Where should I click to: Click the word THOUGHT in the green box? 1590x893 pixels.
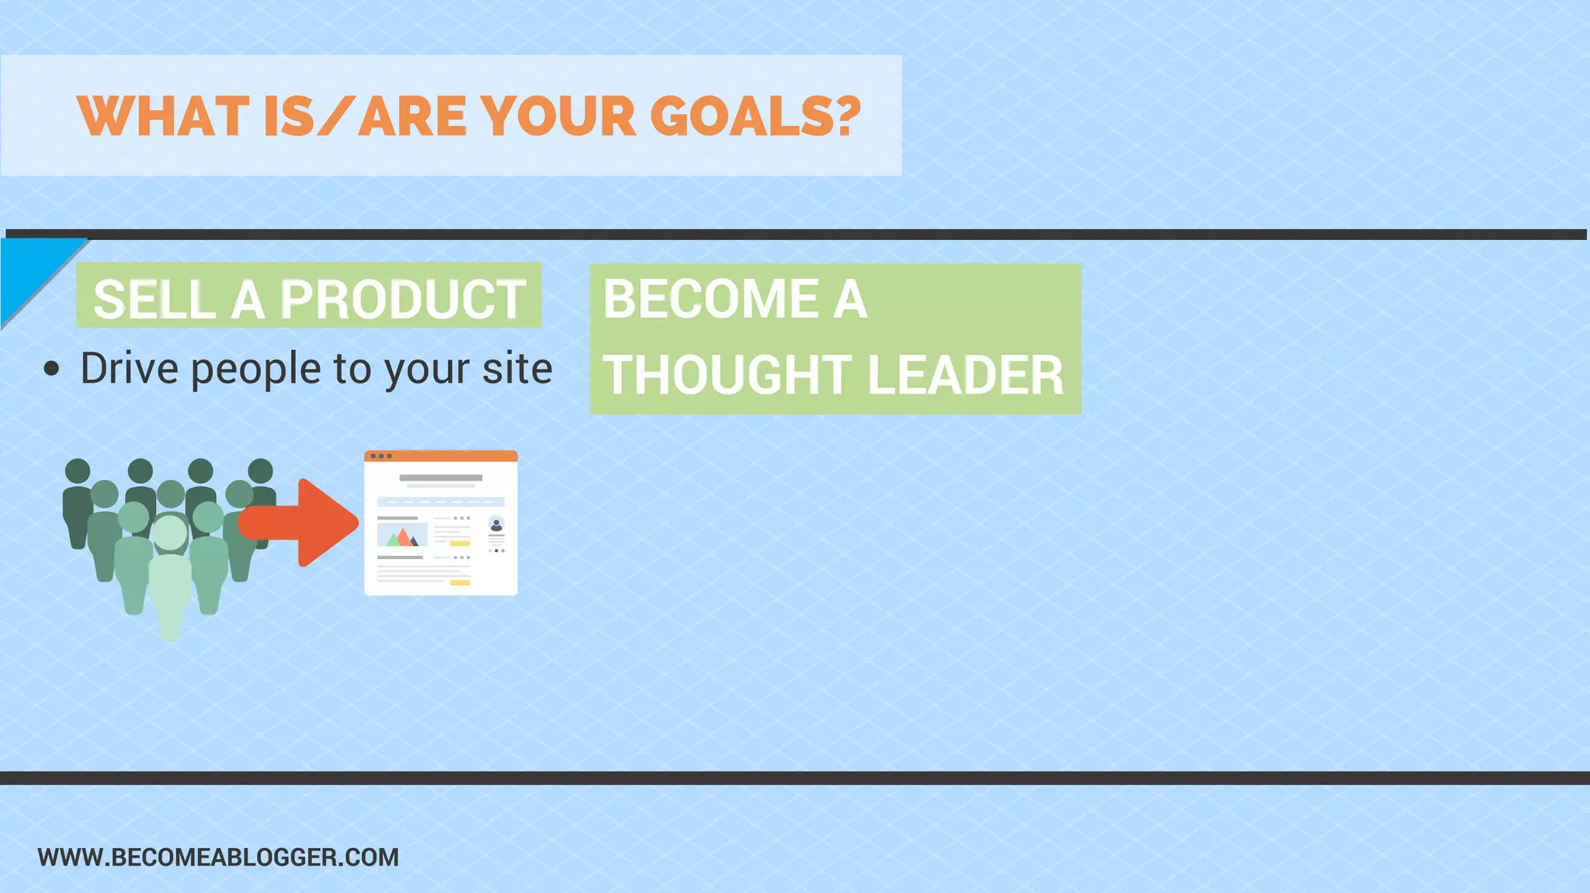[x=726, y=375]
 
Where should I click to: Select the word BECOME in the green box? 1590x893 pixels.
[x=710, y=299]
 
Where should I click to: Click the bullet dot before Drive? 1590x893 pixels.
[x=51, y=369]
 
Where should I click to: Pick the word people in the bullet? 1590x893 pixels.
[x=255, y=369]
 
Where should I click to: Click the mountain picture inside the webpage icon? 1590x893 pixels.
[x=402, y=535]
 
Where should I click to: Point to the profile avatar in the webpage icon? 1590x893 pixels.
[x=496, y=524]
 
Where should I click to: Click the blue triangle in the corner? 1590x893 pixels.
[x=27, y=268]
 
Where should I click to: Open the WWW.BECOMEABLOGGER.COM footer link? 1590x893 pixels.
[x=218, y=857]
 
